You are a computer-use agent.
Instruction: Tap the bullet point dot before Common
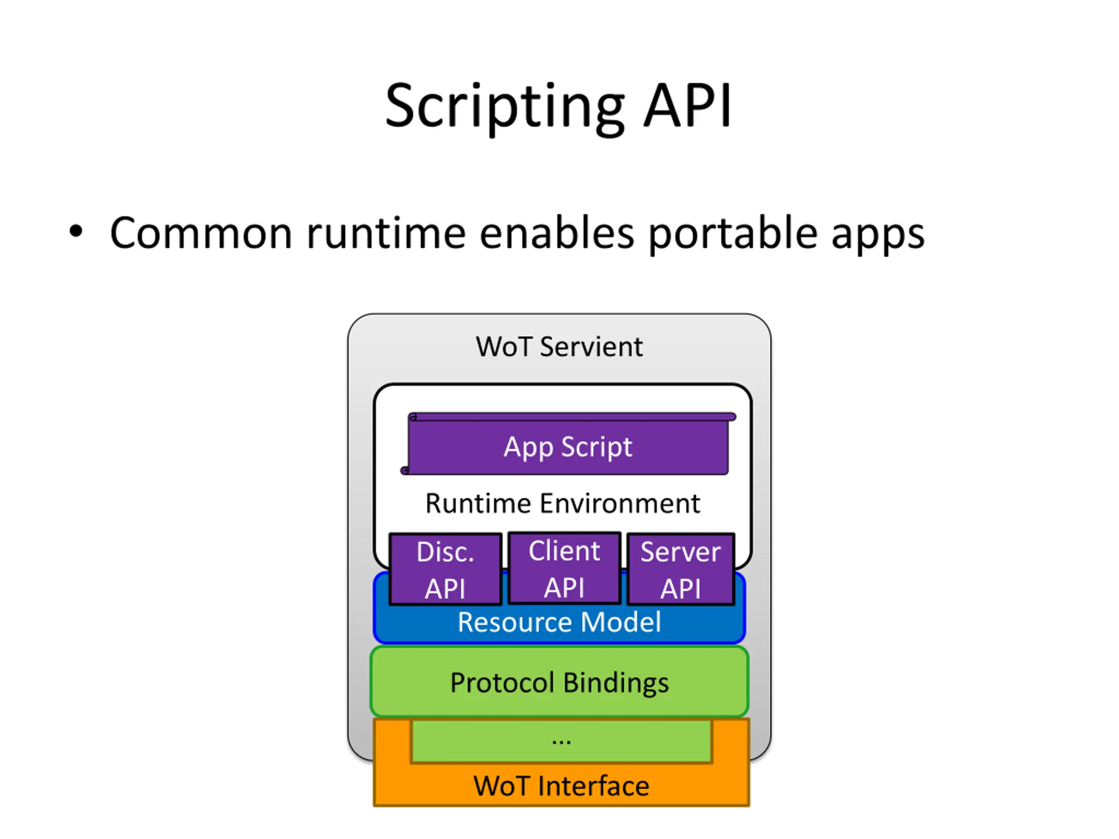76,231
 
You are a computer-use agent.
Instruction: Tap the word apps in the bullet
878,236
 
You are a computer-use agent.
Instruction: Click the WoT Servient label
559,347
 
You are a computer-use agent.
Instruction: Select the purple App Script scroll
568,444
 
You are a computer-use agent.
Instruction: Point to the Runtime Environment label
563,504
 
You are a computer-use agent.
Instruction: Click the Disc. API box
445,569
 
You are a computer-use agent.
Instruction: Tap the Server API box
681,569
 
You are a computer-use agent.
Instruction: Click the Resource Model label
559,622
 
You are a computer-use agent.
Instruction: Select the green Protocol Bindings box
559,681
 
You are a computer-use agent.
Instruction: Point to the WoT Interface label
561,786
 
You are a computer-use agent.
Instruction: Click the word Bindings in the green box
615,684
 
